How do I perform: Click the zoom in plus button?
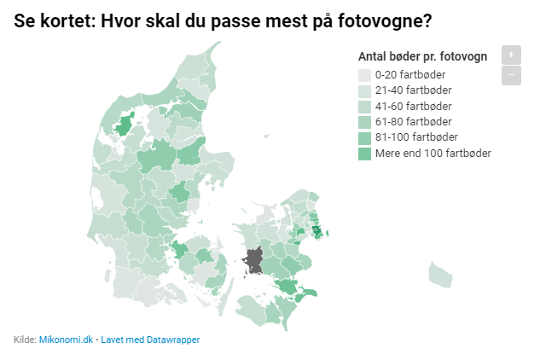pos(510,55)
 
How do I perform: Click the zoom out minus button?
pos(510,75)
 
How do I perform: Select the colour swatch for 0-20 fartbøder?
pos(364,74)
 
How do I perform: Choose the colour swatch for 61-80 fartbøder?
pos(364,122)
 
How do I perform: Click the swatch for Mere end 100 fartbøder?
pos(364,154)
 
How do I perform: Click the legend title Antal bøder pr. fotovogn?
pos(422,57)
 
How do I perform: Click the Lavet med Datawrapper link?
pos(150,340)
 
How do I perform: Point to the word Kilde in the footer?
pos(25,340)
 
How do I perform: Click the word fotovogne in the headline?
pos(380,19)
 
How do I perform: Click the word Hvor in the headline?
pos(117,19)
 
